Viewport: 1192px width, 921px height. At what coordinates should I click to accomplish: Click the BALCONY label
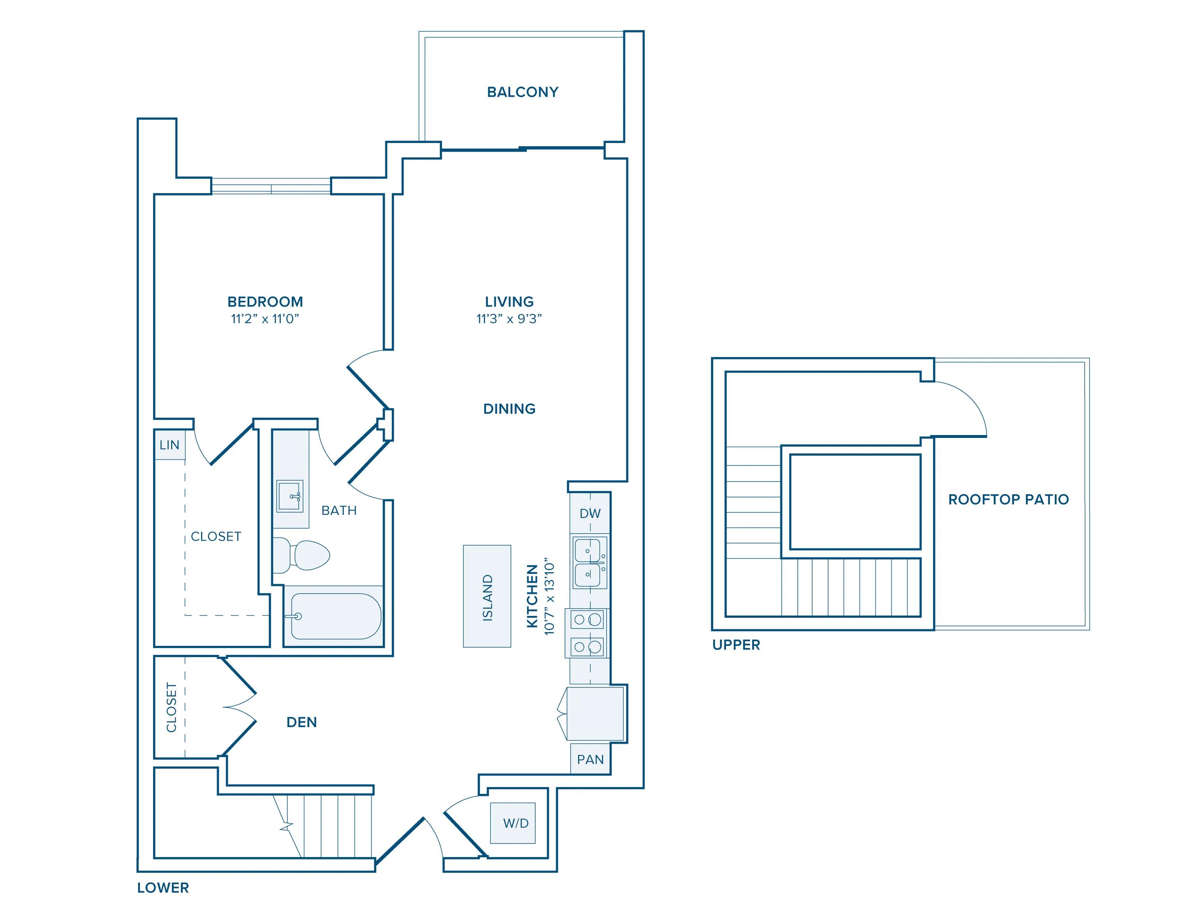[x=522, y=92]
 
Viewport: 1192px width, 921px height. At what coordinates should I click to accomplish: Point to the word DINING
[x=509, y=409]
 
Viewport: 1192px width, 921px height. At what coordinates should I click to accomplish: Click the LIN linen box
[x=169, y=445]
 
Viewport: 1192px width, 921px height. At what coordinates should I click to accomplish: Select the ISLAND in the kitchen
[x=487, y=596]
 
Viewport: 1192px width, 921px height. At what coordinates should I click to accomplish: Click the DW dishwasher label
[x=590, y=513]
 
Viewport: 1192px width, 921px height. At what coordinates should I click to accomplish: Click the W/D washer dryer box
[x=515, y=823]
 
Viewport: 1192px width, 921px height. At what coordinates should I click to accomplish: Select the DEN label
[x=301, y=722]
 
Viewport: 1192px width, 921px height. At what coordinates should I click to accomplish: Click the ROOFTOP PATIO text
[x=1008, y=499]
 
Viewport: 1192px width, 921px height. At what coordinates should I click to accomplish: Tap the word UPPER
[x=736, y=645]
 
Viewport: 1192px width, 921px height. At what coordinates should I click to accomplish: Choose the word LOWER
[x=163, y=888]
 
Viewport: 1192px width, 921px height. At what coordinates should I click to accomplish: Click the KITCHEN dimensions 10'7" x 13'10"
[x=550, y=596]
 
